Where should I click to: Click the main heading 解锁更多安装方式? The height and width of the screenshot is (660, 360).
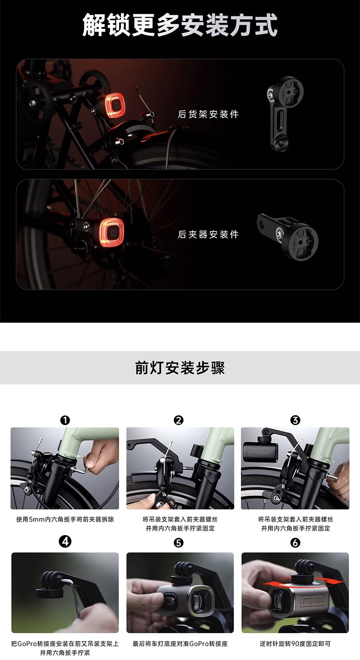[x=180, y=25]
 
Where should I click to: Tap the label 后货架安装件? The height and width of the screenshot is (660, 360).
[x=208, y=114]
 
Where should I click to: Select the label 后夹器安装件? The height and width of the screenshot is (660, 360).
[x=208, y=234]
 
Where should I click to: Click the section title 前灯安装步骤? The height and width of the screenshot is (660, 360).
[x=180, y=367]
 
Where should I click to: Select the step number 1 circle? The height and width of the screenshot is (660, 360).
[x=65, y=420]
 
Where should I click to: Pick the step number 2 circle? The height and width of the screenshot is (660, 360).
[x=179, y=420]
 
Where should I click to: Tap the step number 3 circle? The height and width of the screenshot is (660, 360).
[x=295, y=420]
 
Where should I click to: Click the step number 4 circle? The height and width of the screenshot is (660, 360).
[x=65, y=541]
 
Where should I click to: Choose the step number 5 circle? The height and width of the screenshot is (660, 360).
[x=179, y=542]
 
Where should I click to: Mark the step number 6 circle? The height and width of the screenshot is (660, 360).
[x=295, y=542]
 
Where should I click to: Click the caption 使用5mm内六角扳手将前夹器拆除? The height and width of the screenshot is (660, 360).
[x=65, y=519]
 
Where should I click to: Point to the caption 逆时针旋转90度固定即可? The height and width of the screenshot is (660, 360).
[x=295, y=644]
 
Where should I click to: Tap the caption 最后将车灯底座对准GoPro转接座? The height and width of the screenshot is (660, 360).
[x=180, y=644]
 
